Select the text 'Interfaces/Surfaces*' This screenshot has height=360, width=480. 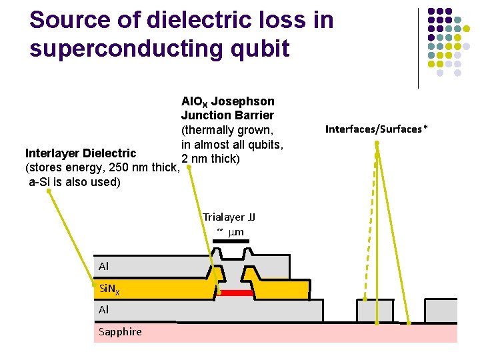(x=377, y=129)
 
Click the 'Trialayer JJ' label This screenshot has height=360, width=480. (x=229, y=217)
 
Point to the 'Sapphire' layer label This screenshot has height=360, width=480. (x=120, y=331)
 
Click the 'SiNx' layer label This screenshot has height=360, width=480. (x=109, y=289)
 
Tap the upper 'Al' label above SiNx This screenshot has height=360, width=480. (x=103, y=266)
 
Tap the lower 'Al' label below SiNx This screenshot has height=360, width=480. (x=103, y=310)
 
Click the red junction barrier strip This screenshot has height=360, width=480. (x=237, y=293)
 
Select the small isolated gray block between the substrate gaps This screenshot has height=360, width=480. (x=375, y=311)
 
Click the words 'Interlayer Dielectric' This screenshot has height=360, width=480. (x=81, y=154)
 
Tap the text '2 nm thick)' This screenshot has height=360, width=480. (x=211, y=159)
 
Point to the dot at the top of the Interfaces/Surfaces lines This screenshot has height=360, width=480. (x=377, y=143)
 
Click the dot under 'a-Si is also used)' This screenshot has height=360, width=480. (x=49, y=191)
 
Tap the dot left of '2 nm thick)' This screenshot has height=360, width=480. (x=189, y=168)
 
